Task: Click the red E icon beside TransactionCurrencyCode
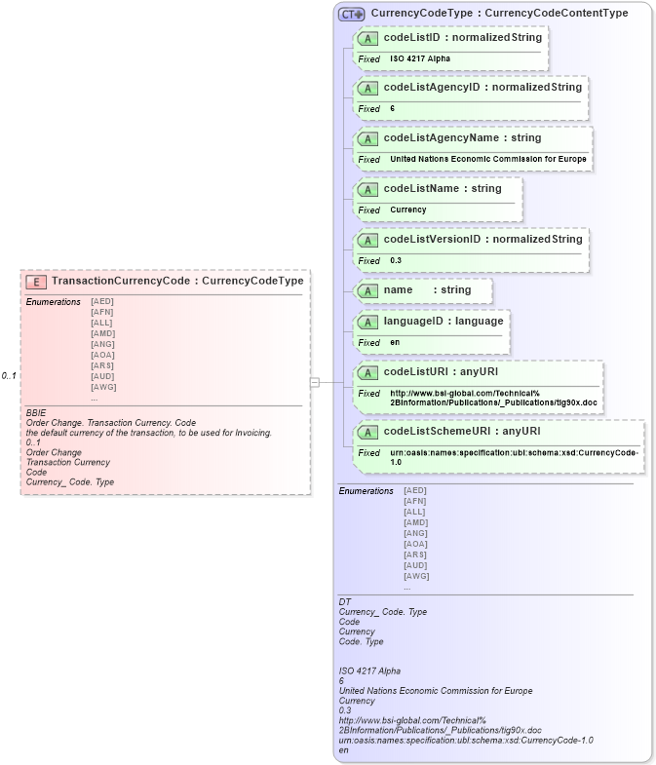click(36, 282)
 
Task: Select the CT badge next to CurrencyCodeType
click(351, 14)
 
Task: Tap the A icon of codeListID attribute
click(368, 38)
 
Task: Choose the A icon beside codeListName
click(368, 189)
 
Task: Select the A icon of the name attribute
click(368, 290)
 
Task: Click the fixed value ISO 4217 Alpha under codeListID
click(420, 58)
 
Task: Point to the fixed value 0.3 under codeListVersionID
click(396, 261)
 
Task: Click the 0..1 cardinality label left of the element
click(9, 376)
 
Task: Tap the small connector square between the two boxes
click(314, 382)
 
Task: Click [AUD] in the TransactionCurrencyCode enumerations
click(101, 376)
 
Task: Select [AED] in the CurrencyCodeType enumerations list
click(415, 490)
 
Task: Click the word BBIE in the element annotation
click(36, 413)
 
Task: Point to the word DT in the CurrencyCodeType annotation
click(344, 602)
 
